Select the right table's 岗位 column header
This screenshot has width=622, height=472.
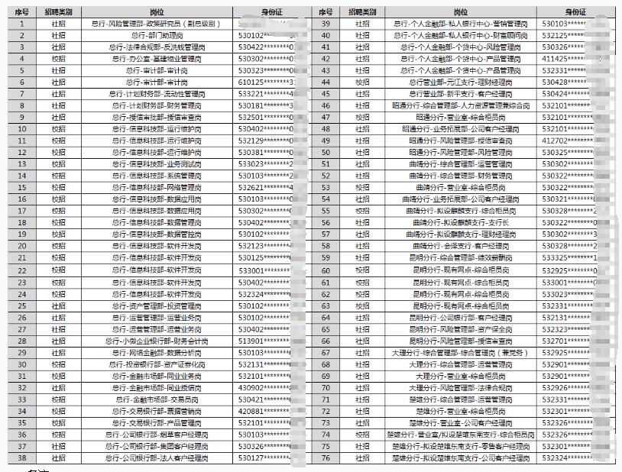click(460, 13)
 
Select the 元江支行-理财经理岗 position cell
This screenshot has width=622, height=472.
click(460, 82)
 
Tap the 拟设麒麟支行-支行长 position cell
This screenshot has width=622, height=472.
click(460, 223)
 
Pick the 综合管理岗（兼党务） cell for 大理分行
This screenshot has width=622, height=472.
click(460, 353)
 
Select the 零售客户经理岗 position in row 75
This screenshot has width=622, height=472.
click(460, 447)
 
